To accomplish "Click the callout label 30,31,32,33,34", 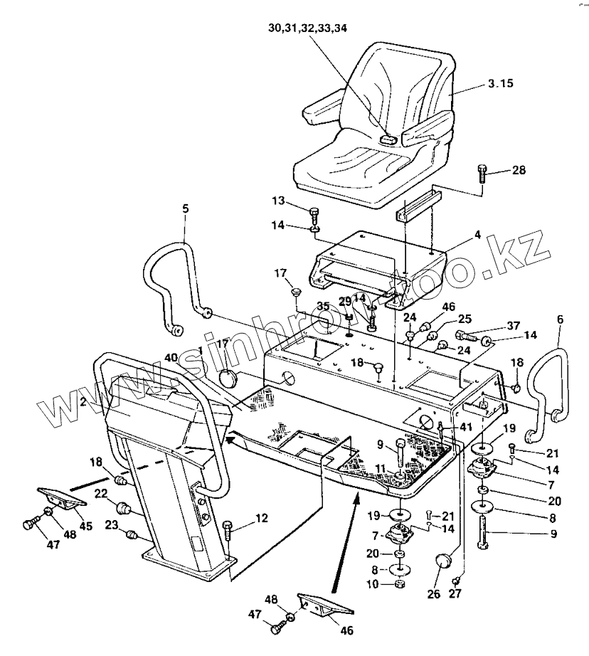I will pyautogui.click(x=308, y=29).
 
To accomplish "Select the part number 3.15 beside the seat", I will pyautogui.click(x=502, y=84).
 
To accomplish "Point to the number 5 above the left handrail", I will pyautogui.click(x=186, y=210).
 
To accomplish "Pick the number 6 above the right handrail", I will pyautogui.click(x=560, y=321).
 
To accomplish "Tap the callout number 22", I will pyautogui.click(x=102, y=493).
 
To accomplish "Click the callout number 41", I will pyautogui.click(x=466, y=427).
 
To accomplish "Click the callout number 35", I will pyautogui.click(x=323, y=307).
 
